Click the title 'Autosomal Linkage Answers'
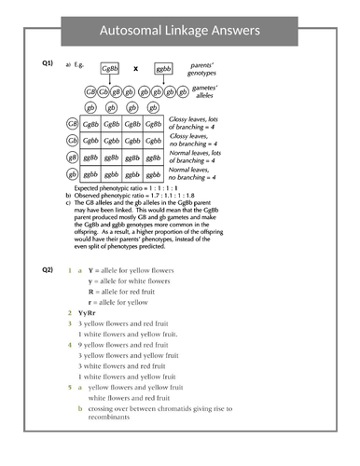click(x=179, y=31)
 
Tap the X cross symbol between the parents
click(x=135, y=69)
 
